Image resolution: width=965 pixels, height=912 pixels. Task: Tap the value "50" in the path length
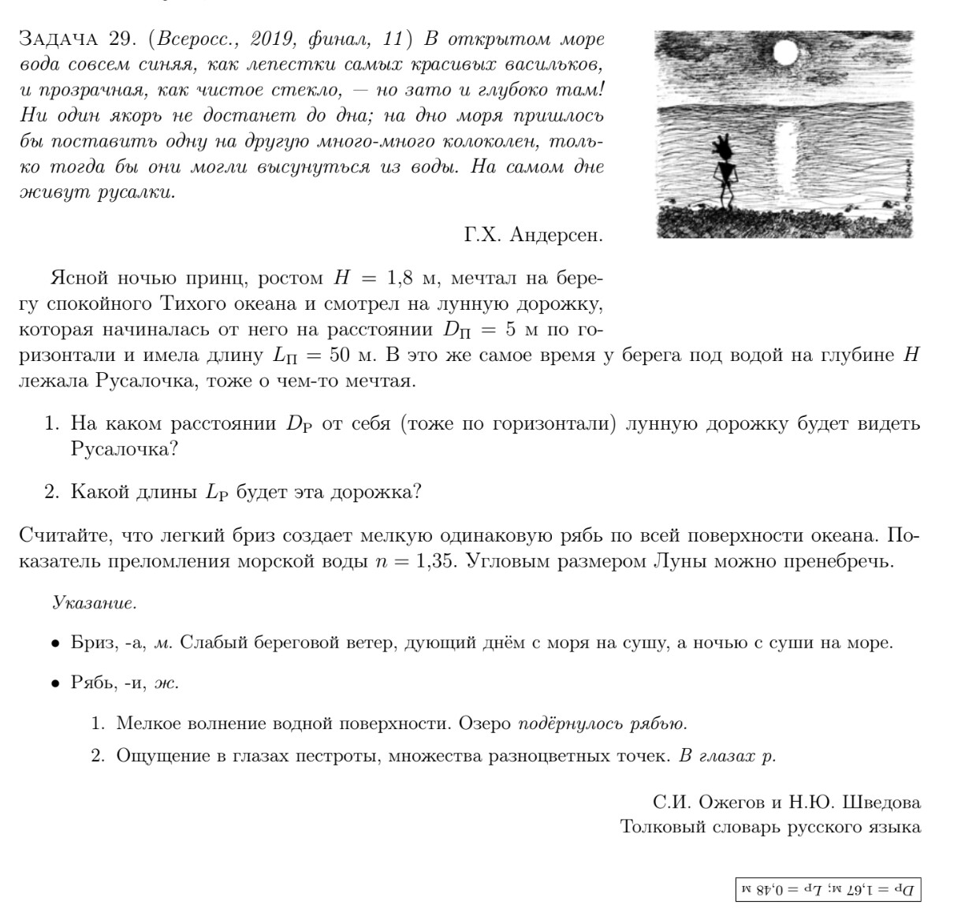(x=340, y=355)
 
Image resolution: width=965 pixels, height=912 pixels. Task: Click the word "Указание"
(x=94, y=603)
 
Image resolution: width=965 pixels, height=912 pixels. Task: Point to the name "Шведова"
(x=881, y=802)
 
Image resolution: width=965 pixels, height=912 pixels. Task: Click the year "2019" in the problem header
(x=275, y=39)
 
